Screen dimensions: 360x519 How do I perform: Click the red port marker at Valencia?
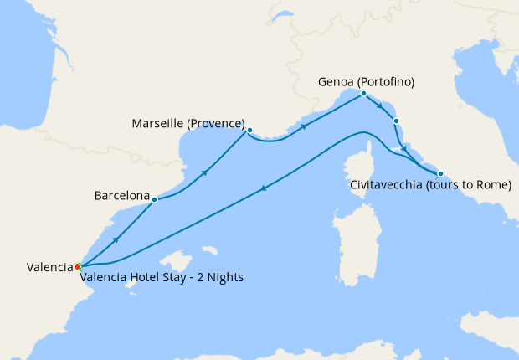coord(77,266)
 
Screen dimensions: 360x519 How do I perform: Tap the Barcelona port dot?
coord(155,199)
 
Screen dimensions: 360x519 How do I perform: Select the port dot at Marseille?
coord(249,130)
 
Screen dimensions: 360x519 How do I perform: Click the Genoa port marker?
coord(363,94)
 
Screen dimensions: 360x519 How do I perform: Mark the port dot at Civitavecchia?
coord(440,173)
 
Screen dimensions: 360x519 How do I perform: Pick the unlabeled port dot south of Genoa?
coord(397,121)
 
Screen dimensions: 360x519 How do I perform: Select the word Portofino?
coord(386,82)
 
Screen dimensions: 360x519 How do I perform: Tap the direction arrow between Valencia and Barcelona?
coord(116,239)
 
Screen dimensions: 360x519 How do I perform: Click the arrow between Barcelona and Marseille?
coord(204,172)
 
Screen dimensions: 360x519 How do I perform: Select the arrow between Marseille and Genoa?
coord(304,127)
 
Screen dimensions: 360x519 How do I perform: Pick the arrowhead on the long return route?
coord(264,188)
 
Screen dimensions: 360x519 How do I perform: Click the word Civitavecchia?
coord(385,185)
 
